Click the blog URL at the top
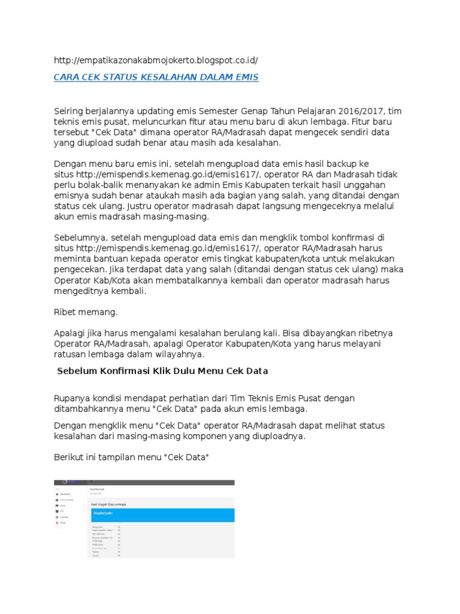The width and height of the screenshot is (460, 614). (156, 61)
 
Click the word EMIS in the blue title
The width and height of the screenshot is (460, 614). (245, 77)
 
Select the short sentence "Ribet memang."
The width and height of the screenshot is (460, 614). (86, 312)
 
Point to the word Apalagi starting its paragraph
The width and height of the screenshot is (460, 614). (71, 333)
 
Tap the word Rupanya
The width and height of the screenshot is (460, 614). (72, 398)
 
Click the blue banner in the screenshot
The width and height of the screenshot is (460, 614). (161, 514)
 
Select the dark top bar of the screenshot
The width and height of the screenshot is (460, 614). (144, 481)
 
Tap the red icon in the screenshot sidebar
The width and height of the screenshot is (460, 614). (56, 522)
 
